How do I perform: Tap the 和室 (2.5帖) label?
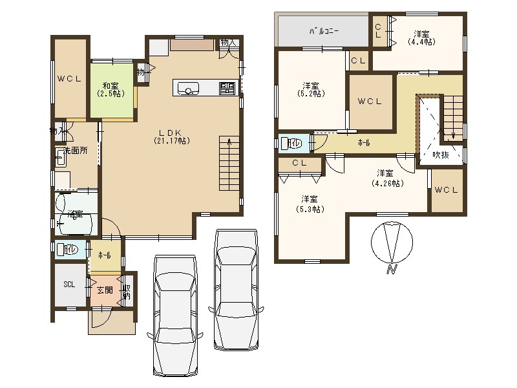tap(111, 89)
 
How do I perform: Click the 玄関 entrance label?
tap(104, 290)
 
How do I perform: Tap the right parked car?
tap(237, 288)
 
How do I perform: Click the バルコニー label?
tap(324, 30)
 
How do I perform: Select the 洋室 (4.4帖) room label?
tap(421, 38)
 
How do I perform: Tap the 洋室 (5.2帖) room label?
tap(311, 89)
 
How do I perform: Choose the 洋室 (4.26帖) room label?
tap(386, 178)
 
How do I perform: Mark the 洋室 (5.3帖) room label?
tap(310, 204)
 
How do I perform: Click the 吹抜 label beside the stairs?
tap(441, 155)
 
